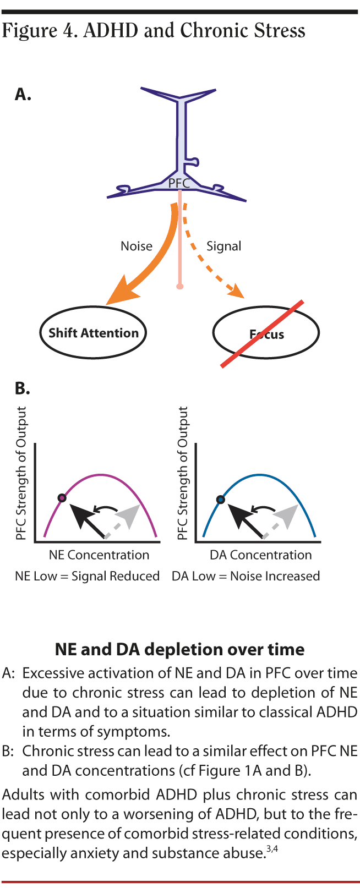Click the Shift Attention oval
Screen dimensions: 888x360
[93, 333]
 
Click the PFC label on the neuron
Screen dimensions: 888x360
[179, 184]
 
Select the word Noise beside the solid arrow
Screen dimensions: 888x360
[137, 246]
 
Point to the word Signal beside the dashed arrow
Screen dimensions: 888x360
[223, 246]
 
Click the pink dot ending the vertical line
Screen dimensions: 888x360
[179, 286]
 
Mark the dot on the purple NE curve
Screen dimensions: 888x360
[62, 498]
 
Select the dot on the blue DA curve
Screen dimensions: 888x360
[220, 500]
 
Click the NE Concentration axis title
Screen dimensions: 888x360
[99, 555]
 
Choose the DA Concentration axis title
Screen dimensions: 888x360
[260, 555]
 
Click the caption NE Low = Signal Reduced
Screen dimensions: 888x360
[87, 576]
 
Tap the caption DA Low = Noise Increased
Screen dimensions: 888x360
[246, 576]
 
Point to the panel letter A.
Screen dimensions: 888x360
[23, 95]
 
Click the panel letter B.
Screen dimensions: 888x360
[22, 388]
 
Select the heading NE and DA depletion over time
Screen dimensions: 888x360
[179, 649]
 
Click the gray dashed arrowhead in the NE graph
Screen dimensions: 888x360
[128, 516]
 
